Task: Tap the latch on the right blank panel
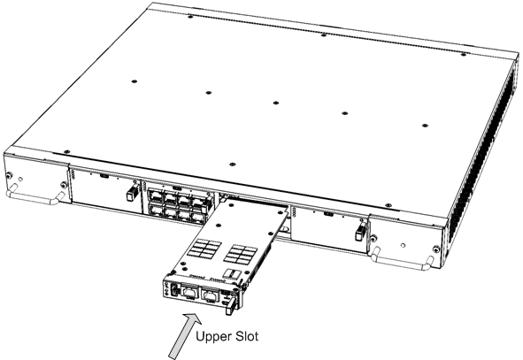[358, 233]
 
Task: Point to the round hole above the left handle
[9, 173]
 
